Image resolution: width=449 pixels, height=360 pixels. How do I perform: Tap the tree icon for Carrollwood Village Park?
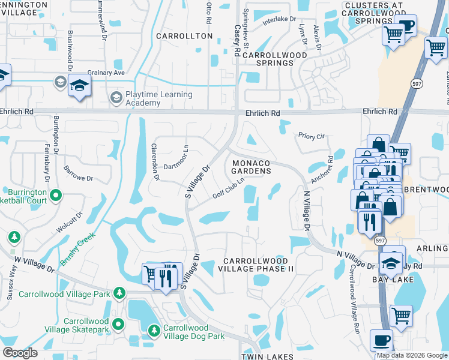point(120,293)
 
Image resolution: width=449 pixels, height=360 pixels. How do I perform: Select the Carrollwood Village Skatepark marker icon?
point(118,325)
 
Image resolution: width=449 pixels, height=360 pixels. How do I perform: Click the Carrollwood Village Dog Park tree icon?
point(154,330)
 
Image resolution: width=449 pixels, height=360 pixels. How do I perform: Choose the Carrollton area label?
point(184,36)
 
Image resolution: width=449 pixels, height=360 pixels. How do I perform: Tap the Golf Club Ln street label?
point(229,188)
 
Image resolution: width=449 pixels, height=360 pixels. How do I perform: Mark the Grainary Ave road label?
point(106,73)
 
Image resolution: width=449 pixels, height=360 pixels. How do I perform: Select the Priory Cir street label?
point(311,136)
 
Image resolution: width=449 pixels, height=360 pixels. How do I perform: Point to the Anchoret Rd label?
point(322,170)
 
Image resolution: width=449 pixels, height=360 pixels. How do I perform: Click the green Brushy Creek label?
point(77,250)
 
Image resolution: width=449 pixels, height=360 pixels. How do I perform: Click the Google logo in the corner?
point(20,353)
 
